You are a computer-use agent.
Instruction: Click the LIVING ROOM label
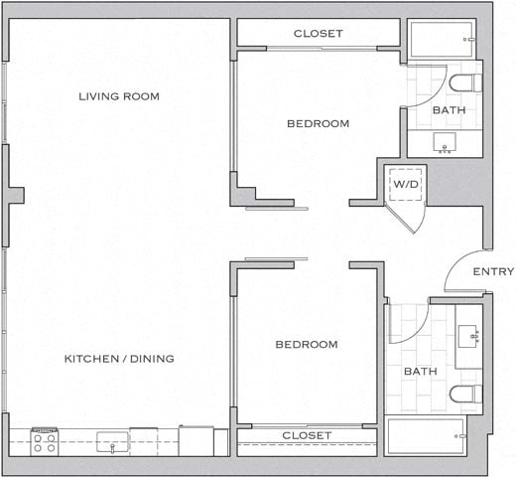point(119,96)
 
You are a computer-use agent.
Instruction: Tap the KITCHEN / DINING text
point(119,359)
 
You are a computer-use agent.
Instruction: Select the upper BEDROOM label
point(318,124)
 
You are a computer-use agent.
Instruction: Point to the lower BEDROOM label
point(306,345)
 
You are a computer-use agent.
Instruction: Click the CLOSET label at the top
point(318,34)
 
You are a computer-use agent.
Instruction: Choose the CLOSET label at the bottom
point(307,436)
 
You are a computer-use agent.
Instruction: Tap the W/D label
point(405,185)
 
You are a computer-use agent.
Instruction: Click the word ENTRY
point(493,272)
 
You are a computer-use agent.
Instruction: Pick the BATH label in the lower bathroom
point(418,372)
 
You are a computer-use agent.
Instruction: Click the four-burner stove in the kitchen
point(45,440)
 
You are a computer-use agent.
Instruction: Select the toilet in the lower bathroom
point(464,395)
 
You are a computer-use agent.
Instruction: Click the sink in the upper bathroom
point(445,144)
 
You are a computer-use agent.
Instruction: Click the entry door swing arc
point(459,269)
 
